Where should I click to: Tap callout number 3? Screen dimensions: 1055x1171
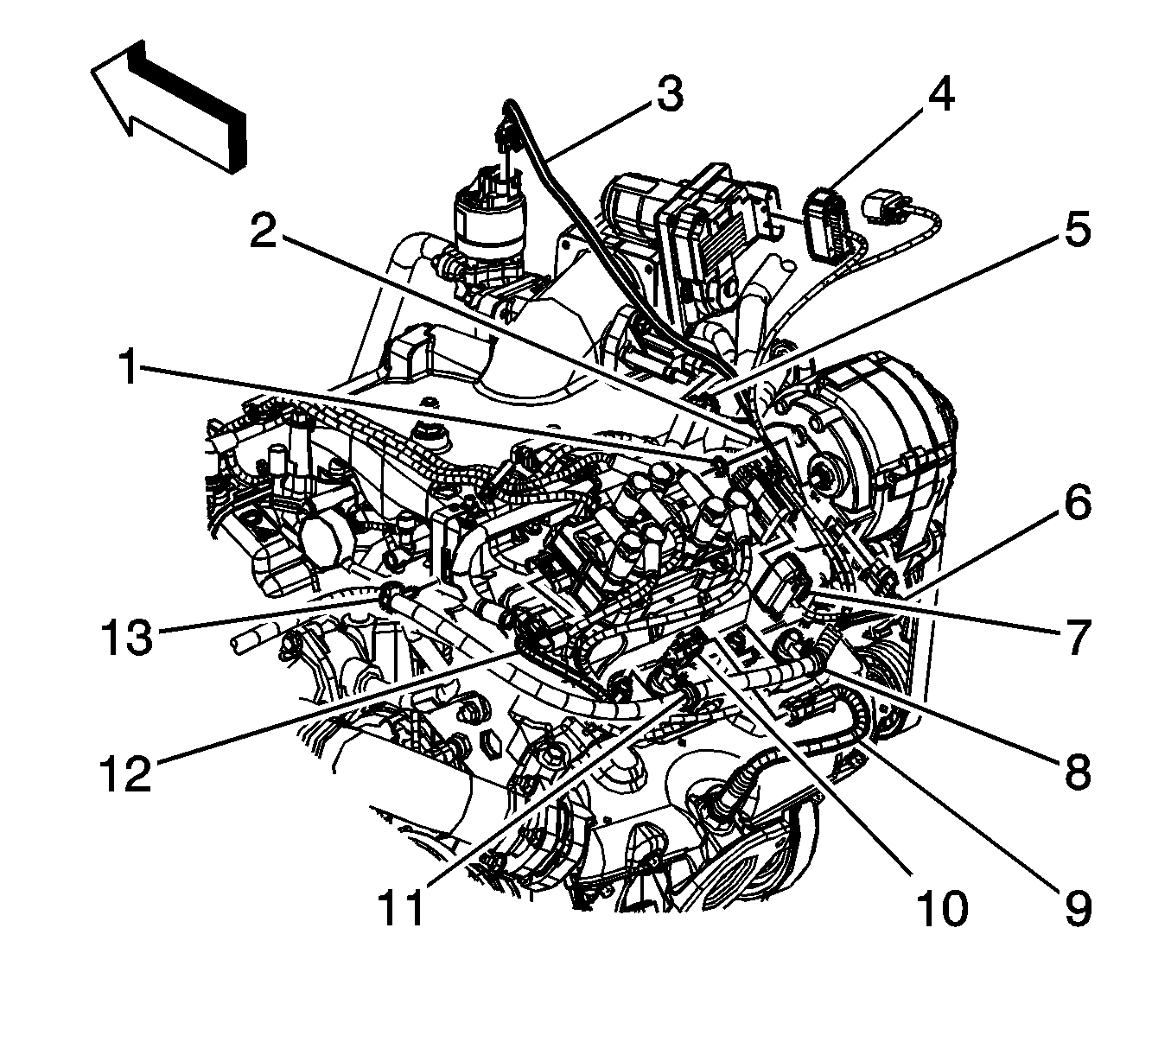(668, 95)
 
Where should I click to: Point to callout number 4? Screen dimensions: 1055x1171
(941, 94)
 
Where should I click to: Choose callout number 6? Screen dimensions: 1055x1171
(1076, 504)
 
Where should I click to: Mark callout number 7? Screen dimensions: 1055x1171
(1076, 639)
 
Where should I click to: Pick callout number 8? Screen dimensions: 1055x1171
(1076, 772)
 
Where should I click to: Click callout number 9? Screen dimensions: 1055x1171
(1076, 907)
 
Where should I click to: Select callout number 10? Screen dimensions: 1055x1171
(941, 907)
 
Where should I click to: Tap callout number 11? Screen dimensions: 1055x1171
(402, 907)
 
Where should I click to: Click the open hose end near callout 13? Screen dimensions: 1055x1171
(241, 645)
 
